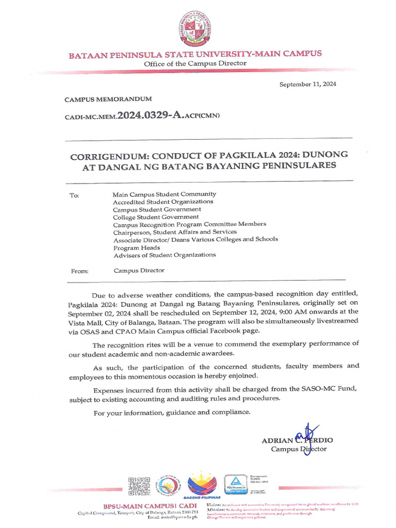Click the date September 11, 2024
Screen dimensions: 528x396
(307, 85)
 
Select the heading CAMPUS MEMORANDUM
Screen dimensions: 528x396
(108, 99)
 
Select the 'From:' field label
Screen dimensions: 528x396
(78, 271)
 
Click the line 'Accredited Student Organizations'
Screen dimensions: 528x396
(163, 202)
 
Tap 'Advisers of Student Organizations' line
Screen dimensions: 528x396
(164, 255)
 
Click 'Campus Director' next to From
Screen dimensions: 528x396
(139, 270)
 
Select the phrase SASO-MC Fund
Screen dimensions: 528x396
(337, 391)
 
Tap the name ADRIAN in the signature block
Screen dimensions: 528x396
(277, 440)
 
